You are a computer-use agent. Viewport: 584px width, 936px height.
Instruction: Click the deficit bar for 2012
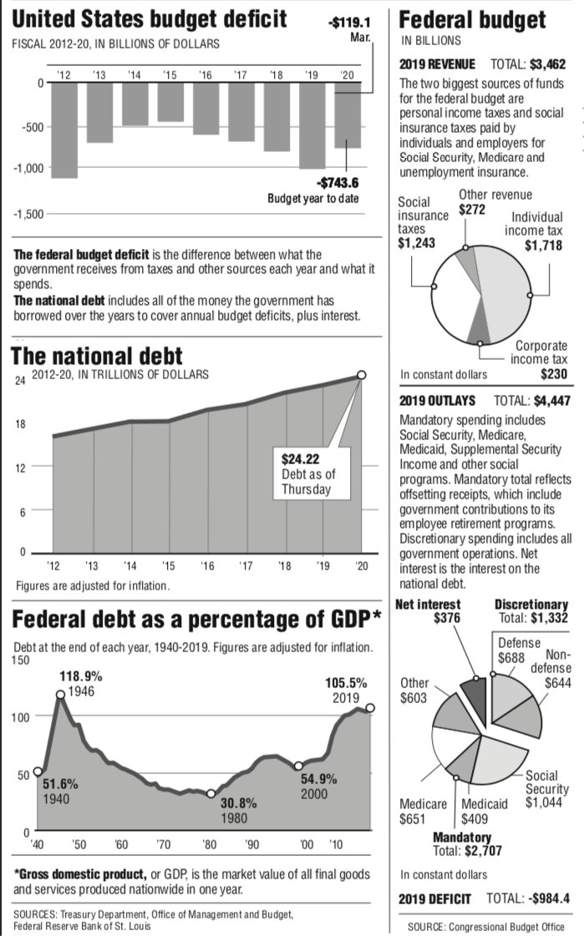click(x=64, y=130)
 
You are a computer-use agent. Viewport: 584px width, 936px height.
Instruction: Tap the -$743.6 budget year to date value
click(x=338, y=184)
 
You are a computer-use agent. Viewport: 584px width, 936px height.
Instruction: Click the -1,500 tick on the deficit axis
click(x=27, y=215)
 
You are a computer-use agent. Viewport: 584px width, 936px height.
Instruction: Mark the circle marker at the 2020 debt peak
click(x=362, y=375)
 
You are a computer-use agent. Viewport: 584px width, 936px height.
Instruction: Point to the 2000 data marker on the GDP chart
click(x=298, y=766)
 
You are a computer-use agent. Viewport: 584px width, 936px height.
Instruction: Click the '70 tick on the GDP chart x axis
click(x=164, y=845)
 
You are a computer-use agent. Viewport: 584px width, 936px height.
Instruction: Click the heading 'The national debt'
click(x=96, y=357)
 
